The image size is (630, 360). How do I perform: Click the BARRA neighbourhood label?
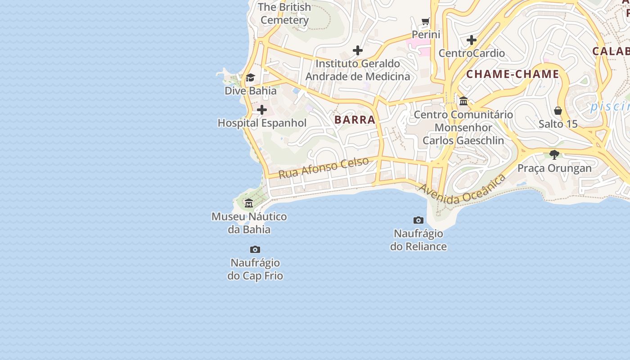coord(355,120)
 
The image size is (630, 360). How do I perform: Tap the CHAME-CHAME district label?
coord(513,74)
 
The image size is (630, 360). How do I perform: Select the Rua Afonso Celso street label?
coord(324,167)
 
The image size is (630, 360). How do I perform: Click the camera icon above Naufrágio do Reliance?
coord(418,220)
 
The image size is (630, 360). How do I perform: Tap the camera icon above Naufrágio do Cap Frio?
coord(255,249)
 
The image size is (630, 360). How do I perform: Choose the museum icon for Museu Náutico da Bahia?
coord(249,203)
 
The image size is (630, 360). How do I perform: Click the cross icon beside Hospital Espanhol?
coord(262,110)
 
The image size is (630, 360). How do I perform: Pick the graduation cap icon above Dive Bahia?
coord(250,78)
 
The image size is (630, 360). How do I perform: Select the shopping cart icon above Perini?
coord(426,21)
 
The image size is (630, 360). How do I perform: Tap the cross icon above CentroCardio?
coord(472,40)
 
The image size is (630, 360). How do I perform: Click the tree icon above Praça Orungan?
coord(554,155)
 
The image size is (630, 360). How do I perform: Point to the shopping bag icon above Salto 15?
coord(558,111)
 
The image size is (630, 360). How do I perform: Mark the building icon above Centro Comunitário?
coord(463,101)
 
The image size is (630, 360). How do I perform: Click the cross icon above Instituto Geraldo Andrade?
coord(358,50)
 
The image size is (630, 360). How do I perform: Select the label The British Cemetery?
coord(284,13)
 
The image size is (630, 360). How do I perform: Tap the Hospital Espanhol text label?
coord(262,123)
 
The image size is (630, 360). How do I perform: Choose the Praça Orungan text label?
coord(554,168)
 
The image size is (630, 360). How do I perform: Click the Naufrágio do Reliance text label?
coord(418,240)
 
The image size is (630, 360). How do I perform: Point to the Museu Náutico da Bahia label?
coord(249,223)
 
